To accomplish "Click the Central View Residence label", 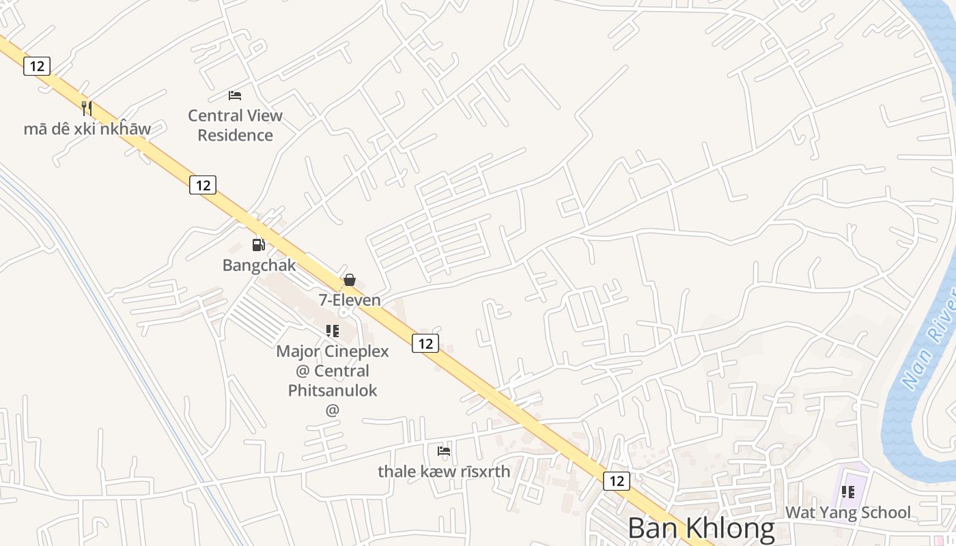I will [x=235, y=125].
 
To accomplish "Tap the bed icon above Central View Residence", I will [x=235, y=95].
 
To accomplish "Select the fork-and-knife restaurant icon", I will [x=87, y=108].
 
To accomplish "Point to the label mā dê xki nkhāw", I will [x=87, y=128].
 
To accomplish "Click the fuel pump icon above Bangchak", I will [x=259, y=244].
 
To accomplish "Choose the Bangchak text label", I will [x=259, y=265].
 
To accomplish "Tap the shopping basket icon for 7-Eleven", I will [x=350, y=279].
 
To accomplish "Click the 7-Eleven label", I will [x=350, y=300].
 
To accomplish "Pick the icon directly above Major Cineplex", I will [x=333, y=331].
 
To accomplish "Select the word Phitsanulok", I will [x=333, y=390].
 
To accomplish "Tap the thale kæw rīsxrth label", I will [x=444, y=471].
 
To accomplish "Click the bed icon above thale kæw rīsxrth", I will [x=444, y=450].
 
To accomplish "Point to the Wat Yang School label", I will [x=848, y=513].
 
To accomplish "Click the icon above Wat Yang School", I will [x=848, y=491].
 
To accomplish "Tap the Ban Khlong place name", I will [x=701, y=528].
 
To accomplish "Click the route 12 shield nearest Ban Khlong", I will [x=617, y=480].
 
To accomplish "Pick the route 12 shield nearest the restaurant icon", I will [x=37, y=66].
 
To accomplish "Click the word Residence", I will [x=235, y=135].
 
